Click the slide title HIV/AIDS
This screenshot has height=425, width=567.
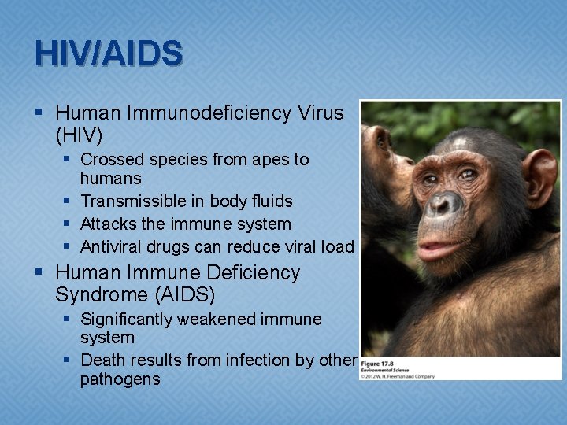coord(109,54)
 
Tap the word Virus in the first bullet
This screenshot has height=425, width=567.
coord(321,113)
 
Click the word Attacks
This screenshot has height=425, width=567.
coord(110,224)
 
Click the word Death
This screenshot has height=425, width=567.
coord(103,360)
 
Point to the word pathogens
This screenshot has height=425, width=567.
coord(120,379)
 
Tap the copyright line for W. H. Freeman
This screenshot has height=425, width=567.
coord(397,376)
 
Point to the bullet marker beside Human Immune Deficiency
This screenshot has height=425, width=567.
coord(39,273)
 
